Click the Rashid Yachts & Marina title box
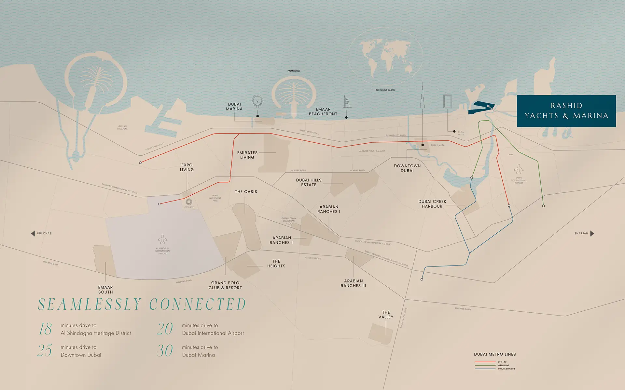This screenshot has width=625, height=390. pos(566,111)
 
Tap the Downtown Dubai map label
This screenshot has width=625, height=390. pos(407,168)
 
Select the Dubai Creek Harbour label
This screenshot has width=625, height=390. pos(432,204)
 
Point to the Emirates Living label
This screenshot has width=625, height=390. pos(247,155)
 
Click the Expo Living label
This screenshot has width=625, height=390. pos(187,167)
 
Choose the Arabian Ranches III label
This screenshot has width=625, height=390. pos(353,283)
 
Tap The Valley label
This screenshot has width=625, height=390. pos(386,315)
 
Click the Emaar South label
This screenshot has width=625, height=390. pos(105,290)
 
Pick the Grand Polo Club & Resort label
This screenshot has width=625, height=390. pos(225,285)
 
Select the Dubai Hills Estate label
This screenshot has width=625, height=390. pos(309,182)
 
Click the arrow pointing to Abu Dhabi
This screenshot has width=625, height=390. pos(33,233)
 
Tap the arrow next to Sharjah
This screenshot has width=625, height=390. pos(592,233)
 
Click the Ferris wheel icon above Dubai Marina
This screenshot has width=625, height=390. pos(257,101)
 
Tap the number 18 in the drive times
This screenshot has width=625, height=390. pos(45,329)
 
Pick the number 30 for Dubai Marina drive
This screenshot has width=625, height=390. pos(165,351)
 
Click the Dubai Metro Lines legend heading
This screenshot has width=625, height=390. pos(495,354)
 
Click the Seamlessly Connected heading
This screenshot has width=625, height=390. pos(142,304)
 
